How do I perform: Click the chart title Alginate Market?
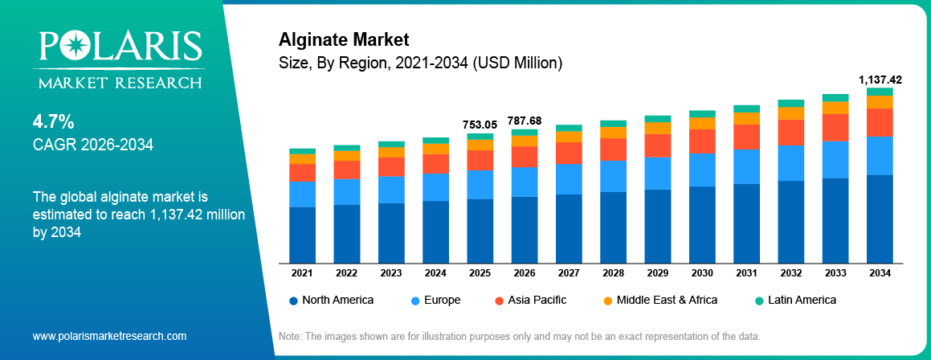(x=344, y=39)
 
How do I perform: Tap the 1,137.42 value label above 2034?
(x=880, y=80)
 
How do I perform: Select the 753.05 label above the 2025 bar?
(x=480, y=125)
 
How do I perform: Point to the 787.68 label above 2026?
(x=525, y=121)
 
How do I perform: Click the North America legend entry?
(x=331, y=300)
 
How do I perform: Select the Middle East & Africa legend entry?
(x=659, y=300)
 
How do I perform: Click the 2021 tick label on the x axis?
(x=302, y=273)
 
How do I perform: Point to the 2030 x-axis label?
(x=702, y=273)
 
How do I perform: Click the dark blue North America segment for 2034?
(x=880, y=219)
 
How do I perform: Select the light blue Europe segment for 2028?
(x=613, y=175)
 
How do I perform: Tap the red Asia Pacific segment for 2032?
(x=791, y=132)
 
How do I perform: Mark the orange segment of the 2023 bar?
(x=391, y=152)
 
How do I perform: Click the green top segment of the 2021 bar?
(x=302, y=151)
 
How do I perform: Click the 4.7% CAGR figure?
(x=53, y=122)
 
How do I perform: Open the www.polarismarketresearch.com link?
(x=109, y=336)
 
